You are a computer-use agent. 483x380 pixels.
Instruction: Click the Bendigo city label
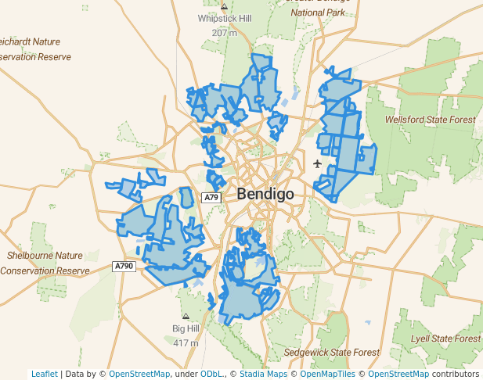pos(265,193)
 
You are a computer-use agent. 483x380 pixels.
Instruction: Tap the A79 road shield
pos(211,198)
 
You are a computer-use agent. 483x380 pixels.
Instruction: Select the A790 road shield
pos(124,267)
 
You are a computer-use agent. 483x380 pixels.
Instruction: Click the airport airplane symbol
pos(317,163)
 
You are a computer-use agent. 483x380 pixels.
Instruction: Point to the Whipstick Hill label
pos(225,18)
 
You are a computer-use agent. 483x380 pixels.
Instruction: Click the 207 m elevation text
pos(224,33)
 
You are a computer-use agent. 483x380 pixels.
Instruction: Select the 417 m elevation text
pos(186,342)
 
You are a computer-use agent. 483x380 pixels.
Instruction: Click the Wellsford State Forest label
pos(430,120)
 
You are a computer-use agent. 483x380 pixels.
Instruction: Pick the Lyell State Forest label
pos(446,339)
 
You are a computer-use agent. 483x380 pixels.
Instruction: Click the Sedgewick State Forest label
pos(327,353)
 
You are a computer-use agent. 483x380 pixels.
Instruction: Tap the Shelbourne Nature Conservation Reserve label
pos(45,263)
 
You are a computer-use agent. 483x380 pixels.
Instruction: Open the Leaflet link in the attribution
pos(45,374)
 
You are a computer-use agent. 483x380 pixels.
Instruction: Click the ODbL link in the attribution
pos(211,374)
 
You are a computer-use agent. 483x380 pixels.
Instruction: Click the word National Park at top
pos(319,13)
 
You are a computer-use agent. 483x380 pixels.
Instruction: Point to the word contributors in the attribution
pos(456,374)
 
